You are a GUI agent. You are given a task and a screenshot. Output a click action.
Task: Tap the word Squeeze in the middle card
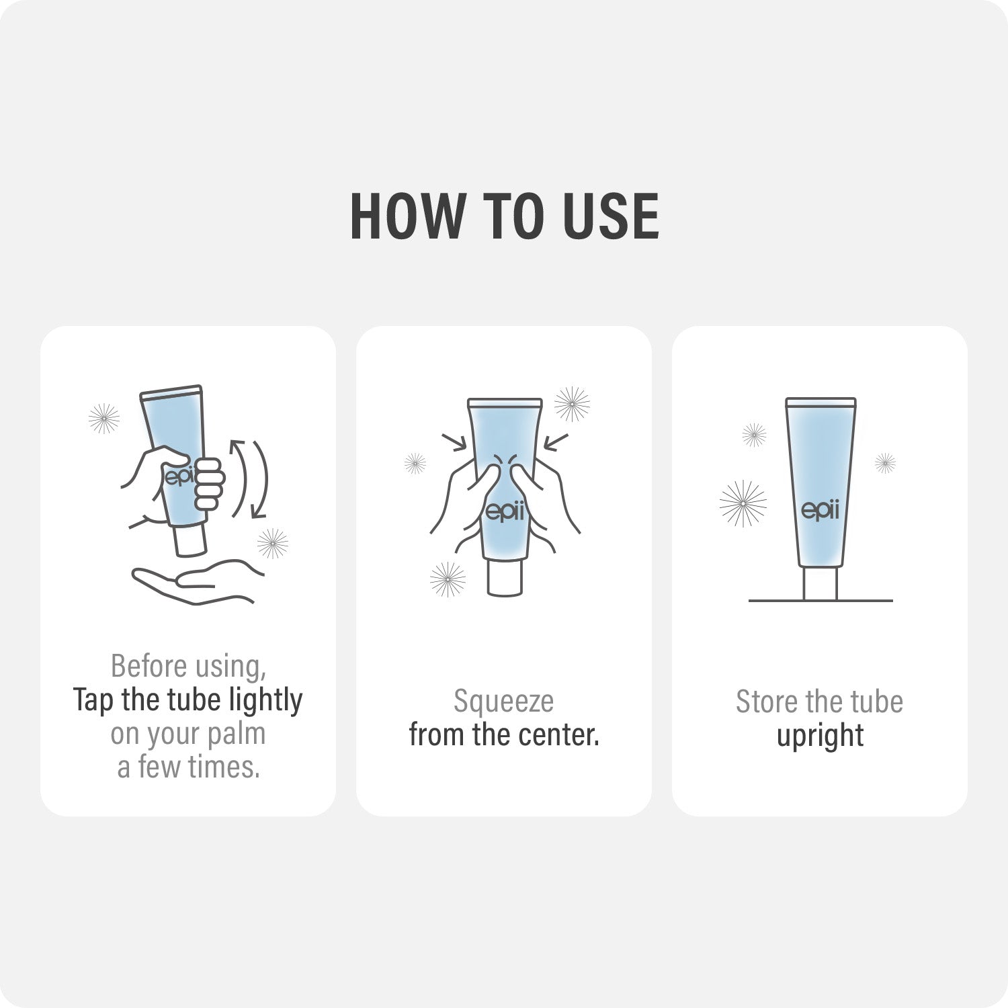(x=503, y=702)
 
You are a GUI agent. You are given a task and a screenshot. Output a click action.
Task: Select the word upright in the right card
(x=820, y=736)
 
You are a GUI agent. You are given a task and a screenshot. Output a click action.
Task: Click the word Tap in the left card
(x=93, y=700)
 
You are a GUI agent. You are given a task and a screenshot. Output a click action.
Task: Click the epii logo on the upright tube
(x=821, y=510)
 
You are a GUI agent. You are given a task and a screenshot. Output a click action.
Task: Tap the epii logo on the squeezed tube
(x=504, y=512)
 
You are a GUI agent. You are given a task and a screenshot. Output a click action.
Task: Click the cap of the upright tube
(x=821, y=583)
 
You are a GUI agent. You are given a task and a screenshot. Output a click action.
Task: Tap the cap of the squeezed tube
(x=505, y=578)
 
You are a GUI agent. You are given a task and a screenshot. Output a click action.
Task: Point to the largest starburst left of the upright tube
(x=743, y=503)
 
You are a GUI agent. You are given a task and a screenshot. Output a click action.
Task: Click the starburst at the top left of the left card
(x=104, y=419)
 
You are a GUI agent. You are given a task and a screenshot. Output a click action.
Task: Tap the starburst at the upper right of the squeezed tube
(x=572, y=404)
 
